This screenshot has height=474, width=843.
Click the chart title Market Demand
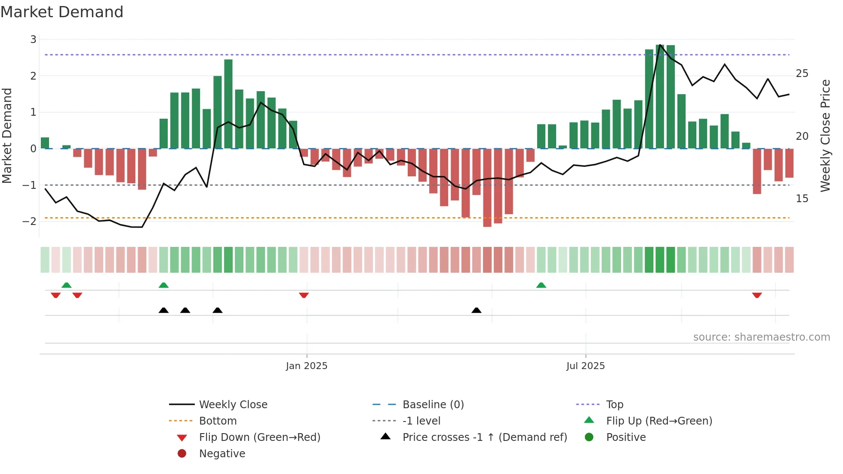point(62,12)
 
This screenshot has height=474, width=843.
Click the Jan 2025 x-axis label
point(307,366)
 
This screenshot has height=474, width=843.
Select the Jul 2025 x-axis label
point(585,366)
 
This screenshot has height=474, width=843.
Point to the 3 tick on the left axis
point(33,40)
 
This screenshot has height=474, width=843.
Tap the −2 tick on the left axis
point(30,222)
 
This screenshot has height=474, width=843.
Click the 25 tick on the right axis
point(802,74)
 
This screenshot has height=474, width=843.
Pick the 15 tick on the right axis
point(802,199)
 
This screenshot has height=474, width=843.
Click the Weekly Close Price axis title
point(825,135)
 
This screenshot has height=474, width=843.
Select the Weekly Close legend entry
point(233,405)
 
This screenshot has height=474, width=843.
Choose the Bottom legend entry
point(218,421)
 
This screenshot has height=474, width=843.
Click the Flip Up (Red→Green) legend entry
point(659,421)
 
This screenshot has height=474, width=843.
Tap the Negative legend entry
point(222,454)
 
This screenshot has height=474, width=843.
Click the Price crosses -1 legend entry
point(485,437)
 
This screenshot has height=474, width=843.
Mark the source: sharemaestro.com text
point(761,337)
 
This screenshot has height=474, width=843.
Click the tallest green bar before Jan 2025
point(228,103)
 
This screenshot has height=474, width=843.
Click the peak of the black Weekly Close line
point(660,45)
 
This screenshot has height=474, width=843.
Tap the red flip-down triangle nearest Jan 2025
point(304,295)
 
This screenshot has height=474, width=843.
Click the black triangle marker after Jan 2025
point(477,310)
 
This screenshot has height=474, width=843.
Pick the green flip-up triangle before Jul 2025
point(541,285)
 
